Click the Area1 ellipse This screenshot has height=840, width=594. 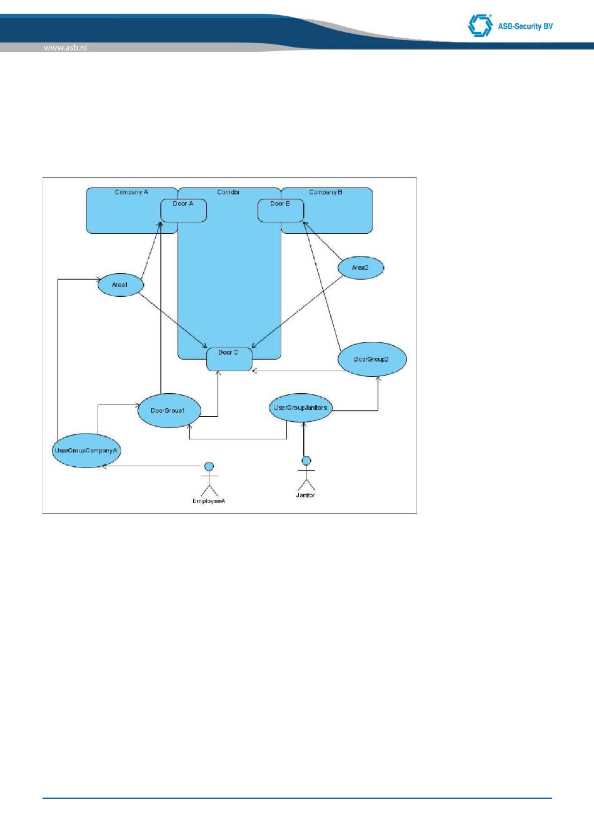coord(121,285)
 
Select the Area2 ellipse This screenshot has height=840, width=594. coord(360,268)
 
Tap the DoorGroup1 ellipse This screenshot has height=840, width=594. coord(169,411)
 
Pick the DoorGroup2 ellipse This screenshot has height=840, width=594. coord(372,359)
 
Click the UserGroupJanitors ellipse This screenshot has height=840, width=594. coord(300,408)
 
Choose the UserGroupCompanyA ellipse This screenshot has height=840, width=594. coord(86,450)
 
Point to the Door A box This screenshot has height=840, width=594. coord(183,211)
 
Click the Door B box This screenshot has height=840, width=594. coord(281,211)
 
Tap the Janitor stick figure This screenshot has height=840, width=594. coord(306,476)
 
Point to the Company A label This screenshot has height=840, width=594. coord(131,192)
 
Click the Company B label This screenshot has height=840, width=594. coord(326,192)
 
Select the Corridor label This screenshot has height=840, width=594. coord(228,192)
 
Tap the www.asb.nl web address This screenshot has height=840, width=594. coord(65,47)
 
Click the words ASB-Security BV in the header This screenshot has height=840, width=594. coord(525,26)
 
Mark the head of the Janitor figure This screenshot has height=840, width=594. coord(306,461)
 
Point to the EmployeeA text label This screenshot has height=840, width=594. coord(209,501)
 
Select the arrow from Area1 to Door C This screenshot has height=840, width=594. coord(173,319)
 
